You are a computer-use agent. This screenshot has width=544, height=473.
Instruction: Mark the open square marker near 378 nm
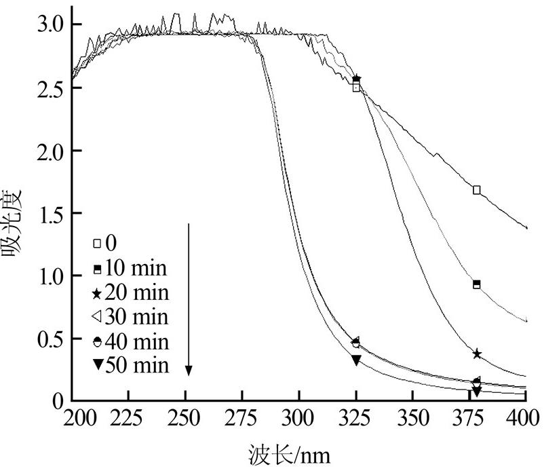pos(477,190)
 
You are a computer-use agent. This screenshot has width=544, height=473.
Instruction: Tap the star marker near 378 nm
pos(477,354)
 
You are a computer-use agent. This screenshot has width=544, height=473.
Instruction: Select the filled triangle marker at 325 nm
pos(356,360)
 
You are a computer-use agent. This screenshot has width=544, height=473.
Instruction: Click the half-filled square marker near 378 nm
pos(477,284)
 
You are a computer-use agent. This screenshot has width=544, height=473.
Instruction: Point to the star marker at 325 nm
pos(357,79)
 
